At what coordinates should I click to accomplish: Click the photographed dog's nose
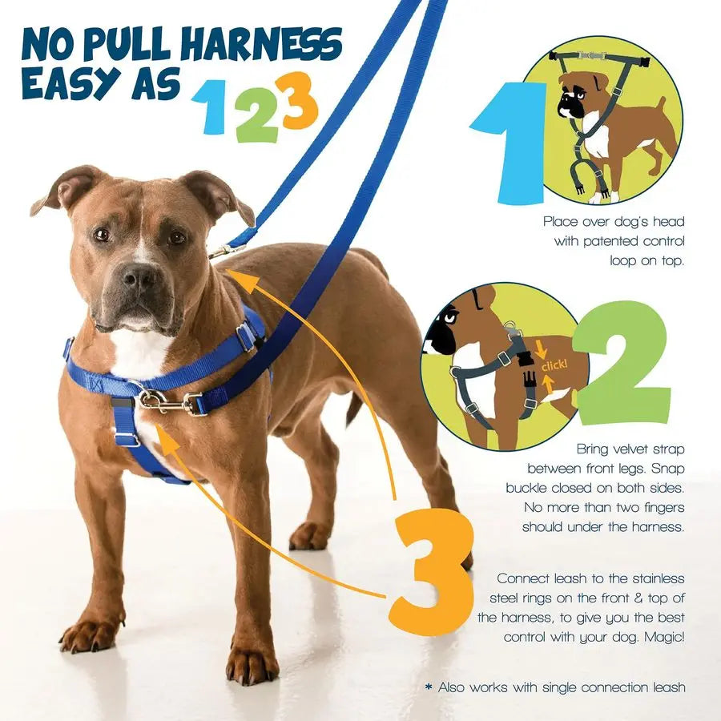point(139,278)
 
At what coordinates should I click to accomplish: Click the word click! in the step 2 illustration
point(554,366)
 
